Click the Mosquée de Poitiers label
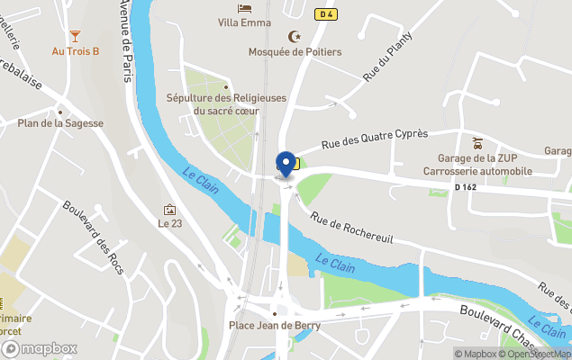pos(295,51)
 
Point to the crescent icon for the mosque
pos(292,36)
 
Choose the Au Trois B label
pos(76,51)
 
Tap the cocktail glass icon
pos(75,36)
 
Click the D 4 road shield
pos(326,13)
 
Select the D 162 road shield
pos(466,187)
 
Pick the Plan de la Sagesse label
pos(60,123)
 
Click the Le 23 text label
pos(169,223)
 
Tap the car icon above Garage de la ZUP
pos(478,142)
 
